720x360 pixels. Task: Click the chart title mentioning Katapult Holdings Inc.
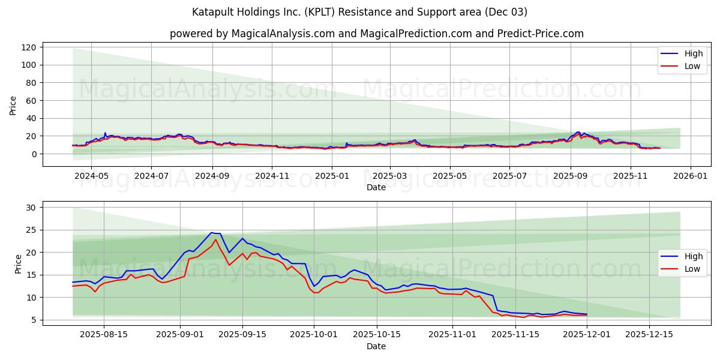(x=359, y=12)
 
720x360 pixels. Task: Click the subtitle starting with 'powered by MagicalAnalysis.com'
(x=376, y=34)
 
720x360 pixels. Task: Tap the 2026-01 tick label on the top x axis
(x=690, y=176)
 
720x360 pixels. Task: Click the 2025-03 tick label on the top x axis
(x=389, y=176)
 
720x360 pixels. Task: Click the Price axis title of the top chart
(x=13, y=105)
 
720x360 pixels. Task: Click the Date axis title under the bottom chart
(x=376, y=346)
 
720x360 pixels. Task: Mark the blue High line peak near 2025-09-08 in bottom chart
(x=211, y=233)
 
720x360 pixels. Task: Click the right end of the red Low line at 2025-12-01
(x=587, y=316)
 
